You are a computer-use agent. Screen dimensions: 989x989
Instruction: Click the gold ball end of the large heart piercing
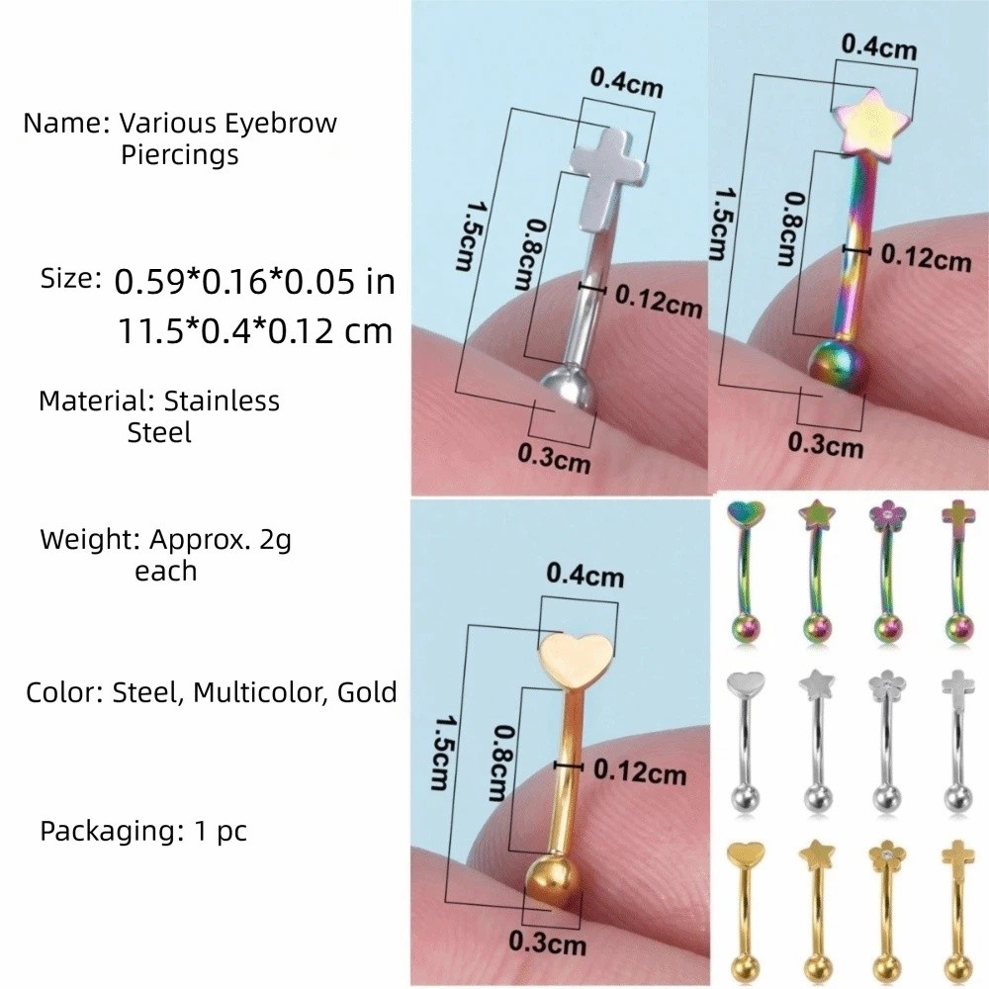coord(551,884)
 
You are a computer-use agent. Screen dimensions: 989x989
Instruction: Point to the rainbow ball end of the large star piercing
coord(837,365)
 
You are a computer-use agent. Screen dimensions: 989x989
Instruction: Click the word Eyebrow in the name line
coord(281,124)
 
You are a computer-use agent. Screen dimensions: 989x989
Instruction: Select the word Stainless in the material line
coord(222,402)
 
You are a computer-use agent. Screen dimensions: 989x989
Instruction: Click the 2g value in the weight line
coord(275,541)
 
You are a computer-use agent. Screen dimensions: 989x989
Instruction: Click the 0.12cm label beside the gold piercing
coord(640,771)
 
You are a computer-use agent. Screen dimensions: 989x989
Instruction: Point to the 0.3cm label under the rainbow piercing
coord(825,445)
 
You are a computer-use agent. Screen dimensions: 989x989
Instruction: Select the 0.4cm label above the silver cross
coord(626,83)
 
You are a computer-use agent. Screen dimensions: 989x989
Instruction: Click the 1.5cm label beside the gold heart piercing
coord(440,753)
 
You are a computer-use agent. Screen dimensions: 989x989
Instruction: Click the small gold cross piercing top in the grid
coord(958,857)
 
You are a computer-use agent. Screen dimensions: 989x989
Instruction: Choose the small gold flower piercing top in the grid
coord(886,854)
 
